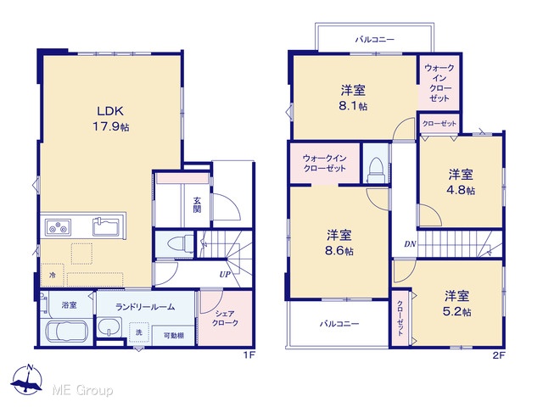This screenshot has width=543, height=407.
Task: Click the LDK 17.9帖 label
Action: pos(110,119)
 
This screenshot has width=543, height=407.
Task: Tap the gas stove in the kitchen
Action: pos(58,227)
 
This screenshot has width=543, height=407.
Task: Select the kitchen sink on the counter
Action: pos(107,226)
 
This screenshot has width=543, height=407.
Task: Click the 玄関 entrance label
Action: pos(197,204)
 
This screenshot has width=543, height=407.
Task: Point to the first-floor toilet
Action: pos(180,243)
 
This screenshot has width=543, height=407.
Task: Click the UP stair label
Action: pos(225,275)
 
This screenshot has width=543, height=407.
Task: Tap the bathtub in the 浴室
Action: pos(67,332)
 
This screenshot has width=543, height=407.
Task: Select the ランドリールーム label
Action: pos(145,307)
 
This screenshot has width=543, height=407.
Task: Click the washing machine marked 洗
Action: pos(139,332)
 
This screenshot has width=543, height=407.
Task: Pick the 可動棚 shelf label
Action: pos(173,336)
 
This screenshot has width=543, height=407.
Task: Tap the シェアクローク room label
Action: pos(225,319)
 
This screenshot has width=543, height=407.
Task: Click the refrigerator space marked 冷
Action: pos(53,275)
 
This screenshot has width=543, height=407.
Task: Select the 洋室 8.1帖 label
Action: pos(353,98)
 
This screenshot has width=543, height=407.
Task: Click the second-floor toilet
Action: pos(376,170)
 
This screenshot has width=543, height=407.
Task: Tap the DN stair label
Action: pos(410,244)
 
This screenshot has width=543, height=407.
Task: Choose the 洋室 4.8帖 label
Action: pos(461,182)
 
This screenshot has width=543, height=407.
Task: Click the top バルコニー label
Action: pos(375,40)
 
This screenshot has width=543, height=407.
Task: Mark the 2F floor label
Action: pos(499,355)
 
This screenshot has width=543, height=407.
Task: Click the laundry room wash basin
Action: pos(109,327)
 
